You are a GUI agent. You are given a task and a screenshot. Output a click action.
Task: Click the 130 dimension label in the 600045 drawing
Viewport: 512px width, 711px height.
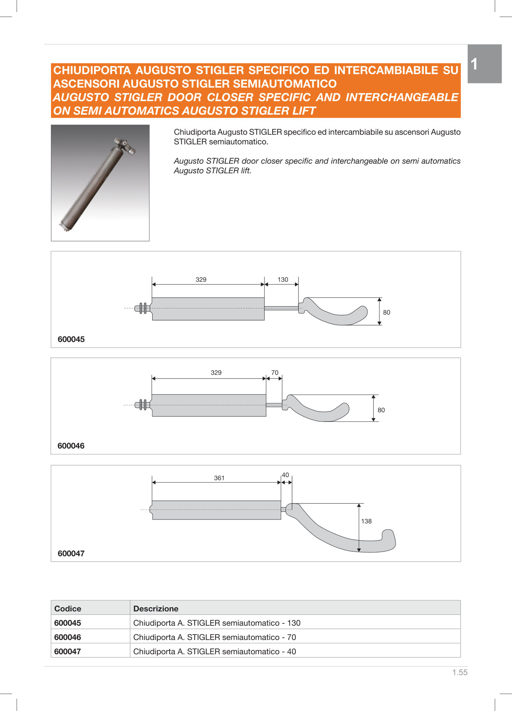[x=283, y=279]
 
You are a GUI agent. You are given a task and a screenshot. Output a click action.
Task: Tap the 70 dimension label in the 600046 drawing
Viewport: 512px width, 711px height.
[x=275, y=372]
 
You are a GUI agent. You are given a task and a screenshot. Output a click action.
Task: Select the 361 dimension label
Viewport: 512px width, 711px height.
[x=219, y=478]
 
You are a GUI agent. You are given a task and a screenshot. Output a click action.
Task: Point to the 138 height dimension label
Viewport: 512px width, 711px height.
[x=366, y=521]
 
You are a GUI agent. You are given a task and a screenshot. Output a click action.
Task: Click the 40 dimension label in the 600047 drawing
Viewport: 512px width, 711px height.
[x=285, y=475]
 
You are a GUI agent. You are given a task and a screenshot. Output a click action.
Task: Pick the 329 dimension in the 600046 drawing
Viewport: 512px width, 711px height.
[x=216, y=372]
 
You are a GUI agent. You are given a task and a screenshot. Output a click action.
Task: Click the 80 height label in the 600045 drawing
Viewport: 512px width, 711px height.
[x=386, y=312]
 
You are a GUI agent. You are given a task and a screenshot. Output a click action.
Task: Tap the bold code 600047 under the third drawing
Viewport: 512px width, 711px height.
[x=71, y=553]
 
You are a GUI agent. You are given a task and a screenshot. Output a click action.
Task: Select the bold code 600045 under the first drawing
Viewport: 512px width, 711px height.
[x=71, y=339]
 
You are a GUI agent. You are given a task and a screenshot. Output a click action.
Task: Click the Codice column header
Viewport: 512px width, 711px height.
[x=68, y=609]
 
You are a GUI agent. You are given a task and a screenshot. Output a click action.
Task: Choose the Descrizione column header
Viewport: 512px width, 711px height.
[x=156, y=609]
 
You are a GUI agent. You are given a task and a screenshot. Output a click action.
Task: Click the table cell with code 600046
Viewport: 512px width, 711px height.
[x=68, y=637]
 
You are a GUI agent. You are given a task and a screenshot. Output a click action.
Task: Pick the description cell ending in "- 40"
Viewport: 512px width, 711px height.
[x=214, y=652]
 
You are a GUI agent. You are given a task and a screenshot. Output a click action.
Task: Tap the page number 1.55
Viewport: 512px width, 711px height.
[x=460, y=672]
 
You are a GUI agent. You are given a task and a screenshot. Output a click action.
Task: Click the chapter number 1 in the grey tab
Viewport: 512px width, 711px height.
[x=475, y=64]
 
